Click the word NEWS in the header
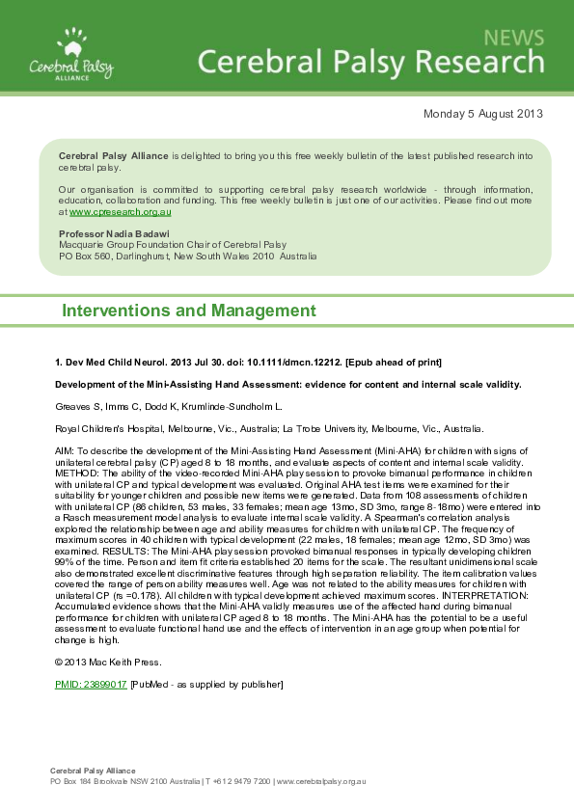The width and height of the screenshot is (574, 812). (513, 38)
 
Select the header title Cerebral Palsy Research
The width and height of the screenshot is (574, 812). (371, 64)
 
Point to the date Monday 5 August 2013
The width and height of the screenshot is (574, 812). (482, 114)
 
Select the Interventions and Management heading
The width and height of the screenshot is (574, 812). (188, 311)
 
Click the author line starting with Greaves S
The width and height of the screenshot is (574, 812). (169, 407)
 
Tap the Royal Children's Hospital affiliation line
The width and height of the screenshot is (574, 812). (270, 428)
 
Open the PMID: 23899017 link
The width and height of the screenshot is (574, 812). (91, 684)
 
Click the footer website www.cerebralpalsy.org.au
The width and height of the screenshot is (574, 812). (321, 781)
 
